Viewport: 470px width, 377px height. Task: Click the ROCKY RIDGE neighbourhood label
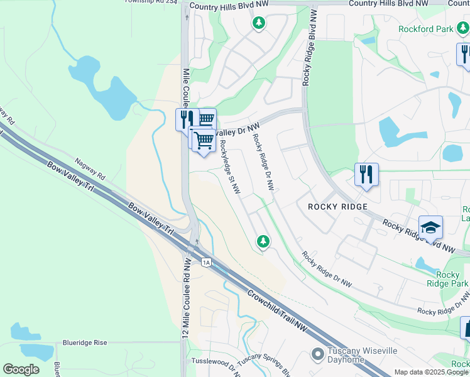pos(337,207)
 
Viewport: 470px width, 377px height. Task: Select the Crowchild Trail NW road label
pos(277,305)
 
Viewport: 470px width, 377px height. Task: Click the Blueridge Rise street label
pos(85,343)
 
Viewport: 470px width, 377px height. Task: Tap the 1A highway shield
pos(205,262)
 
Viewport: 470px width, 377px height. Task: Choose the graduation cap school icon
pos(431,227)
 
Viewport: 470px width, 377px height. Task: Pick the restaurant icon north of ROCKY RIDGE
pos(366,174)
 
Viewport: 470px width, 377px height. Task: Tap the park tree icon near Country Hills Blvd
pos(258,23)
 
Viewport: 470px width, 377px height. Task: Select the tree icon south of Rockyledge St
pos(263,241)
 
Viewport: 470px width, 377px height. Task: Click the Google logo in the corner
pos(21,369)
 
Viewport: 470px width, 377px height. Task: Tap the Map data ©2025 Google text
pos(431,373)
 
